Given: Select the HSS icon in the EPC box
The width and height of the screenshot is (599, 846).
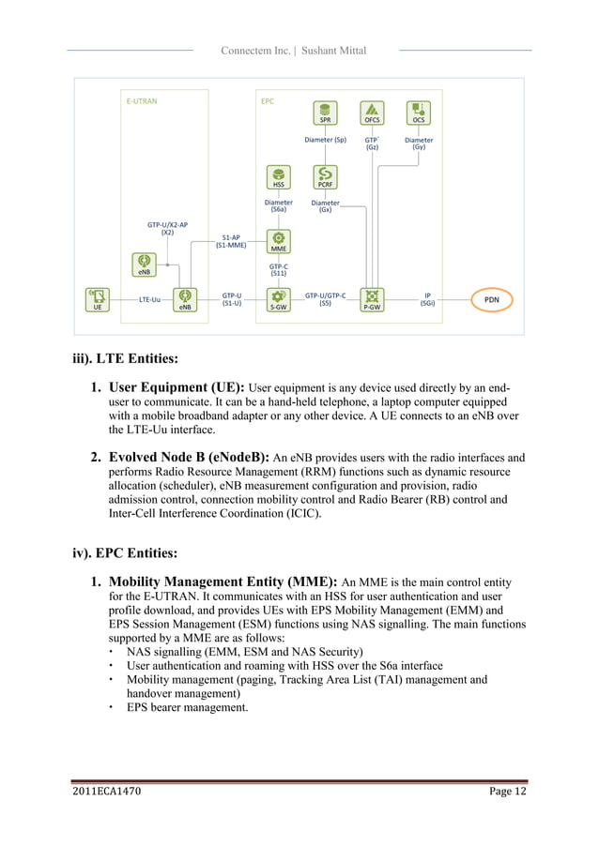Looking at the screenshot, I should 279,177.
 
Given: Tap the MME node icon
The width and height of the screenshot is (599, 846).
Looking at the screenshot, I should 279,242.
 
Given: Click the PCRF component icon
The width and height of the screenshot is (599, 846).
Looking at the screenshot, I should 325,177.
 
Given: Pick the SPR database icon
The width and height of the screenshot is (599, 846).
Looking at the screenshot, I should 325,113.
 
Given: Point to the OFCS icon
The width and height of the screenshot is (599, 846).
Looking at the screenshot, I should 373,113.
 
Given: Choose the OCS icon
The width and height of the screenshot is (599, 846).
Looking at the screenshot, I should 419,113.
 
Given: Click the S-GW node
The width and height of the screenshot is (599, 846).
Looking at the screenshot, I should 279,299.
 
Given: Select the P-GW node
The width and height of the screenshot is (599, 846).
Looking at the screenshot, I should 373,299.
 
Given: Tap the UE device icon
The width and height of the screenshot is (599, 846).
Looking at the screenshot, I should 97,299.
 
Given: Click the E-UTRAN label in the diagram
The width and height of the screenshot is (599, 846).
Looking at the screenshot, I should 142,98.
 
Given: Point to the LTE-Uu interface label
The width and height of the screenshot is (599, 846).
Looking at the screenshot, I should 150,299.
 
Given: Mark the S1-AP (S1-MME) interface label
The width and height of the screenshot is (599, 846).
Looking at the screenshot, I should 231,241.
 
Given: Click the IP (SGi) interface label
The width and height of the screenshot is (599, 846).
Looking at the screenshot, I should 427,298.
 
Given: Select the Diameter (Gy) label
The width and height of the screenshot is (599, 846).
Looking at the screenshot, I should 419,144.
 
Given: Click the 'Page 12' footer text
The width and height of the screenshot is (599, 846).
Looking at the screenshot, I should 508,792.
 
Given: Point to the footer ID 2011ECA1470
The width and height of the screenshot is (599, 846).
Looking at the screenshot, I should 107,792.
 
